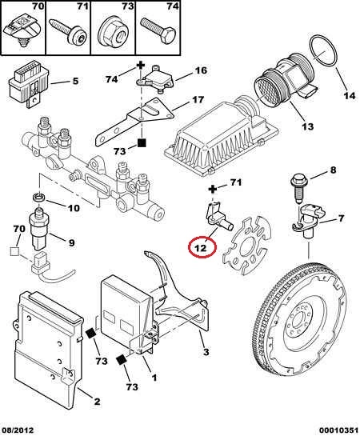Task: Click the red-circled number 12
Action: click(x=202, y=247)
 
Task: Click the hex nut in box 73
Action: click(x=113, y=32)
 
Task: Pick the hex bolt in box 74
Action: click(x=158, y=30)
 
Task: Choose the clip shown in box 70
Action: click(x=22, y=30)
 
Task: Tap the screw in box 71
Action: click(x=68, y=31)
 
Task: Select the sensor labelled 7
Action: click(x=309, y=220)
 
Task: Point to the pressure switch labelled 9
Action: click(x=39, y=229)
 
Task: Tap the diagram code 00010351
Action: click(x=338, y=430)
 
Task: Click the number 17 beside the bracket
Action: click(x=198, y=99)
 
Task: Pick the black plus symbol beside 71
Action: click(x=213, y=190)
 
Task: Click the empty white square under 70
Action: click(x=14, y=251)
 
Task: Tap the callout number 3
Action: click(x=206, y=352)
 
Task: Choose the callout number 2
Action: click(x=97, y=402)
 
